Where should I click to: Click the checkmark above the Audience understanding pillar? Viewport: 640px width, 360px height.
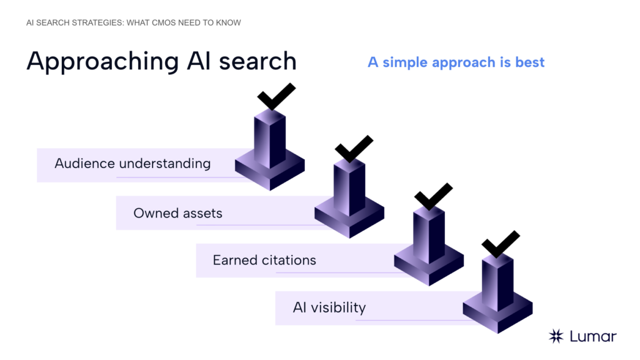pyautogui.click(x=276, y=97)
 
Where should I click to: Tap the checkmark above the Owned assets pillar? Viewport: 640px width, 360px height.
pyautogui.click(x=354, y=149)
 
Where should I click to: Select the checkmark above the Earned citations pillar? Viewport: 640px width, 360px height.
pyautogui.click(x=433, y=197)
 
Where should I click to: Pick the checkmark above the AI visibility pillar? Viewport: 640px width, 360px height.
pyautogui.click(x=501, y=244)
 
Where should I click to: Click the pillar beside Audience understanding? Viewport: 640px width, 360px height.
pyautogui.click(x=270, y=150)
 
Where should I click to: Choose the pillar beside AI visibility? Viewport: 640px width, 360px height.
pyautogui.click(x=497, y=294)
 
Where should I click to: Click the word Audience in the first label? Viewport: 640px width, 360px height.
pyautogui.click(x=84, y=164)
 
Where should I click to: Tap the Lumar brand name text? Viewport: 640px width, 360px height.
pyautogui.click(x=593, y=336)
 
